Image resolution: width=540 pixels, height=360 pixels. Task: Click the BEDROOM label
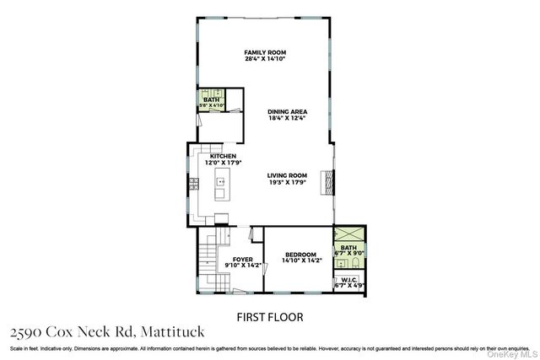pyautogui.click(x=300, y=255)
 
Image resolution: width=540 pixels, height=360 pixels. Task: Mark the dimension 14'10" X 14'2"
pyautogui.click(x=300, y=261)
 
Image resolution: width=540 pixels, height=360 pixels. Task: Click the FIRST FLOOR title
pyautogui.click(x=269, y=317)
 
